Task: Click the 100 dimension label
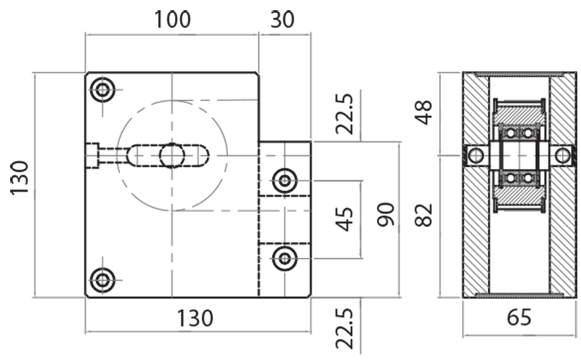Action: (x=172, y=20)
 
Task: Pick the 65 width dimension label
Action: (x=516, y=318)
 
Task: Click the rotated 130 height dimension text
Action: (x=20, y=178)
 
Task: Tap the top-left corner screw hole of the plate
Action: (x=102, y=90)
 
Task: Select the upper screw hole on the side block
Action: (x=284, y=179)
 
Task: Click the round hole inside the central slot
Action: (x=171, y=155)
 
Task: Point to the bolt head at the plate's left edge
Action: (x=92, y=155)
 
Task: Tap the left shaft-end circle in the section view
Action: (x=475, y=155)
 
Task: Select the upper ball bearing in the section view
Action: (x=518, y=134)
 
